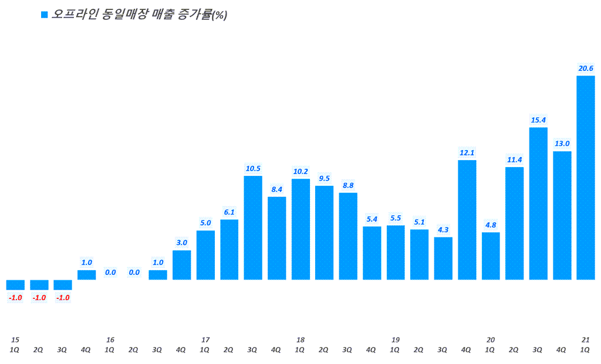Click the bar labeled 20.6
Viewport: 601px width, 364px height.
click(585, 177)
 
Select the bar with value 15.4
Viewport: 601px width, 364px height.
click(538, 203)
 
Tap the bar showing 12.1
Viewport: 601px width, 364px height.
click(467, 219)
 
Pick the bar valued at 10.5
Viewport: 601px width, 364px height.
click(253, 227)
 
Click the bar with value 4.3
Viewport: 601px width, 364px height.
click(443, 258)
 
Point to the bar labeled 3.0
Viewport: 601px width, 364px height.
click(182, 264)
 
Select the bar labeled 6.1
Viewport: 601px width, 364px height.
click(229, 249)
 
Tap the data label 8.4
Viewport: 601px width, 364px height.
click(276, 189)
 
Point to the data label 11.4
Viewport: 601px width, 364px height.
click(514, 159)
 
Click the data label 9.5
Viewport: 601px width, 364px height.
click(324, 178)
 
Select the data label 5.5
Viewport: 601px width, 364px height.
click(396, 218)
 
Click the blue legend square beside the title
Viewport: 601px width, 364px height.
click(43, 15)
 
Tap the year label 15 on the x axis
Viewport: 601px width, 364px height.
click(15, 340)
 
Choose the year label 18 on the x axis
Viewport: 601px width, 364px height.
click(300, 340)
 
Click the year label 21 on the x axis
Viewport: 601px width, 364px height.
click(585, 340)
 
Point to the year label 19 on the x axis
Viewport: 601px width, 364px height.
click(396, 340)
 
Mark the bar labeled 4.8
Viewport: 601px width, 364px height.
click(491, 256)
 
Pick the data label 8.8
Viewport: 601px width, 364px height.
click(348, 185)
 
